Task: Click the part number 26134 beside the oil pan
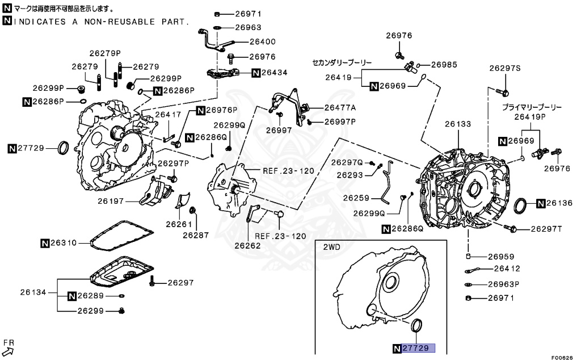tap(33, 292)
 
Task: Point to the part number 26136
tap(560, 203)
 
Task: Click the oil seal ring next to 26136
tap(521, 206)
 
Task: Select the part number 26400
tap(263, 41)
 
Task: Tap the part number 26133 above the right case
tap(457, 124)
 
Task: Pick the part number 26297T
tap(546, 229)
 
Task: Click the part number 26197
tap(110, 201)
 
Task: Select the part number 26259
tap(356, 198)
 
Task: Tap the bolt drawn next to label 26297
tap(152, 282)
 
